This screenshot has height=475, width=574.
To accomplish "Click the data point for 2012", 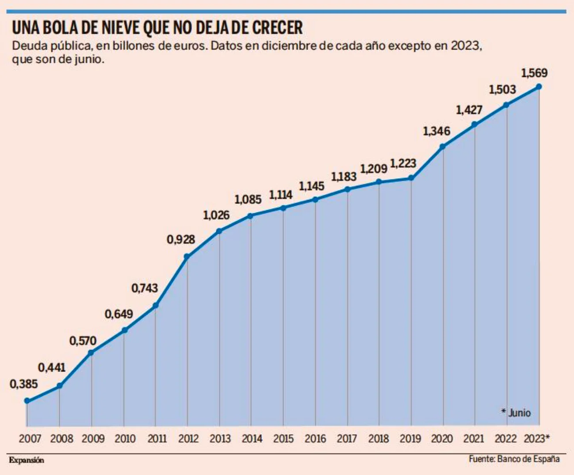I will click(x=187, y=257).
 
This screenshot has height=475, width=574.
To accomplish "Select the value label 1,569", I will click(x=534, y=73).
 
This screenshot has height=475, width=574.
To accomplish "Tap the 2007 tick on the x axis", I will click(x=30, y=439).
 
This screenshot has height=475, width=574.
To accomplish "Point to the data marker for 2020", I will click(x=442, y=146).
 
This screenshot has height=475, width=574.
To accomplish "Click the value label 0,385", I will click(x=24, y=384).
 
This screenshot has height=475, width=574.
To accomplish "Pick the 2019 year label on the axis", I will click(x=410, y=439).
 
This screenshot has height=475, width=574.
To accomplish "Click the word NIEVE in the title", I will click(x=116, y=28).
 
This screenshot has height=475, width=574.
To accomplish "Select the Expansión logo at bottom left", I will click(x=27, y=460).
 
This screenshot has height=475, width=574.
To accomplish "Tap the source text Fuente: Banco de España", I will click(x=514, y=459).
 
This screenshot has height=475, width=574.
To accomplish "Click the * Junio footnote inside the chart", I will click(x=516, y=413).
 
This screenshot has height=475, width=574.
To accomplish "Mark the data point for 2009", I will click(x=91, y=352).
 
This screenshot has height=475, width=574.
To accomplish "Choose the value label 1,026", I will click(x=216, y=215).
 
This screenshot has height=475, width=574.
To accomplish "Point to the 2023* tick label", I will click(x=536, y=439).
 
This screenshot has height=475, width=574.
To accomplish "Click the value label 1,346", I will click(x=436, y=131).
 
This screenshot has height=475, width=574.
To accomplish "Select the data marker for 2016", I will click(x=315, y=199).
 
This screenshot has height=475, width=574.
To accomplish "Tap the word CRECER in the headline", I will click(x=277, y=28).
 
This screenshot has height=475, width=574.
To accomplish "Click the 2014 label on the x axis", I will click(x=252, y=439).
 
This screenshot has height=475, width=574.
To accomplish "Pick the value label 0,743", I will click(x=145, y=288).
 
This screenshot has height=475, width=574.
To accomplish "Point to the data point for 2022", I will click(x=506, y=105).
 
